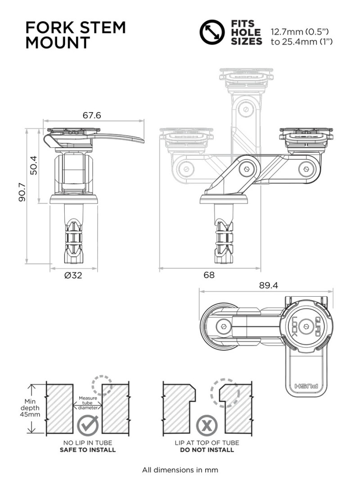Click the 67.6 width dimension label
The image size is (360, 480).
click(x=92, y=115)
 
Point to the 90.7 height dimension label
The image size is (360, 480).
click(x=22, y=192)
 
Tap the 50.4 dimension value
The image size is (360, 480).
click(x=33, y=165)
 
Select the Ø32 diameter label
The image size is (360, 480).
click(x=73, y=275)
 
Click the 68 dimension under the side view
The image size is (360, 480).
click(x=209, y=275)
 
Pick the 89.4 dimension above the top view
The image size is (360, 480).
click(x=269, y=285)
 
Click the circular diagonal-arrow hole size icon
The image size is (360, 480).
click(x=212, y=32)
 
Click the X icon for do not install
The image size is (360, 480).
click(x=207, y=426)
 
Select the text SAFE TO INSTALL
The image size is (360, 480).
click(x=88, y=450)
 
